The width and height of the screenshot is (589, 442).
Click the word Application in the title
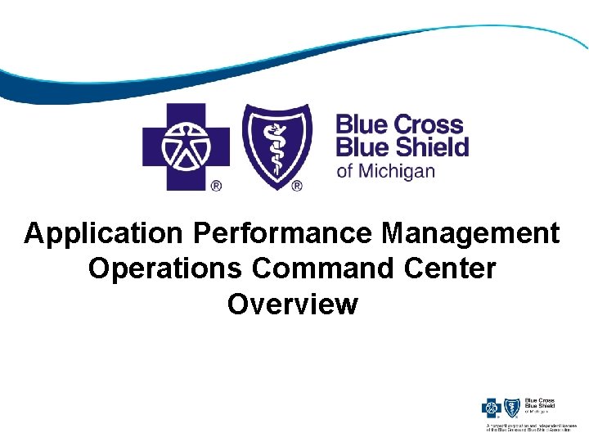coord(105,233)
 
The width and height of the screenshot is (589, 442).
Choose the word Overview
coord(293,304)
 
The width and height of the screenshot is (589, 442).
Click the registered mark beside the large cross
coord(217,186)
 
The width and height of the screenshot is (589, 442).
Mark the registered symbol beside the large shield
coord(296,186)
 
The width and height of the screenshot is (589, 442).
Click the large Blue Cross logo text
coord(399,125)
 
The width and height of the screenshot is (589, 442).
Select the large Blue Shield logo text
coord(402,147)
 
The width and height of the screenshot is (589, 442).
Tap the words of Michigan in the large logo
coord(385,172)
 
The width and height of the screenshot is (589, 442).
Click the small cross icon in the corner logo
coord(493,408)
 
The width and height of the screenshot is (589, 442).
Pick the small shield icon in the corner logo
coord(513,408)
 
